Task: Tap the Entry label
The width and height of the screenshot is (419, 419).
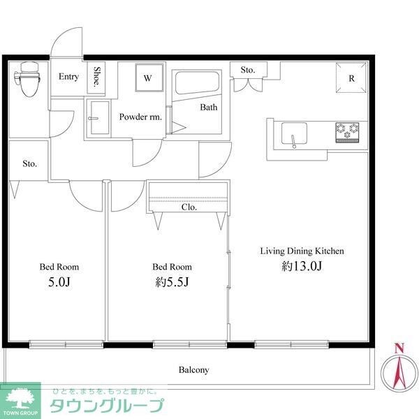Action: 68,77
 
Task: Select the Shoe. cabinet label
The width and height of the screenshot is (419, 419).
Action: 97,78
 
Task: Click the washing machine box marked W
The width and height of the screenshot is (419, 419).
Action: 148,78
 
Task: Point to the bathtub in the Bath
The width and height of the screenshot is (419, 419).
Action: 196,85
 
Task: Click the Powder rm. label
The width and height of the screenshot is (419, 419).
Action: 140,117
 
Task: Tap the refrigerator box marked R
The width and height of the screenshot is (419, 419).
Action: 352,78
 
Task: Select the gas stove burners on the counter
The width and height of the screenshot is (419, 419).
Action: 348,129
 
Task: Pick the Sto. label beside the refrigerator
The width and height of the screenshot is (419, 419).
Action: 248,70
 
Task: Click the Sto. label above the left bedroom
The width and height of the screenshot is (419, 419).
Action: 29,164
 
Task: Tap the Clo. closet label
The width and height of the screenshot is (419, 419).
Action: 189,207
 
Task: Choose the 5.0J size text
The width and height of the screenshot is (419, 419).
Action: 59,282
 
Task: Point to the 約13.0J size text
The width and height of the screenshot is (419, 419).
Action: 302,266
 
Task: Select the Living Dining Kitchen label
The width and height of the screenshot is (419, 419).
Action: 302,251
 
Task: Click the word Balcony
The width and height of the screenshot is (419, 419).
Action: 193,370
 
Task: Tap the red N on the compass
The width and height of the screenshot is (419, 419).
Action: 399,348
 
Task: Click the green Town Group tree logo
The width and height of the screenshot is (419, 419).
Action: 22,399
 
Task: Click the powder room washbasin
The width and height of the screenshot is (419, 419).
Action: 98,116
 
